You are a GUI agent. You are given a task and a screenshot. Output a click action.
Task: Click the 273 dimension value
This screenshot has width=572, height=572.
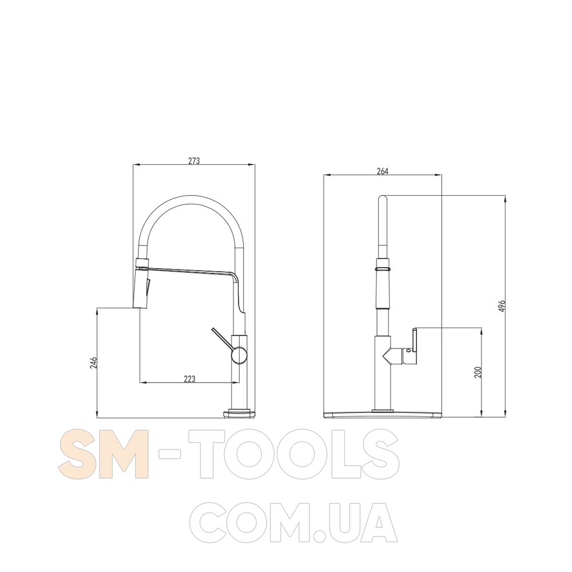[194, 161]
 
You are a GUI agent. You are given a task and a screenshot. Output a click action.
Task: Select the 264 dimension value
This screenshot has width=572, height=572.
[382, 170]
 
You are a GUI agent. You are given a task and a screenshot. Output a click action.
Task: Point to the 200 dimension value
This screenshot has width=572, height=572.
[478, 372]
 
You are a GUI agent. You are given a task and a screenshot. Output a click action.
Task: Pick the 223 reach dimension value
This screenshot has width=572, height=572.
[189, 379]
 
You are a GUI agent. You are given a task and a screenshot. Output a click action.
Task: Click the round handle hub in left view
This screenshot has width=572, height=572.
[239, 355]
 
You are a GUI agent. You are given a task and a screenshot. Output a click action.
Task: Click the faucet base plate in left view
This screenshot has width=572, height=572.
[239, 414]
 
